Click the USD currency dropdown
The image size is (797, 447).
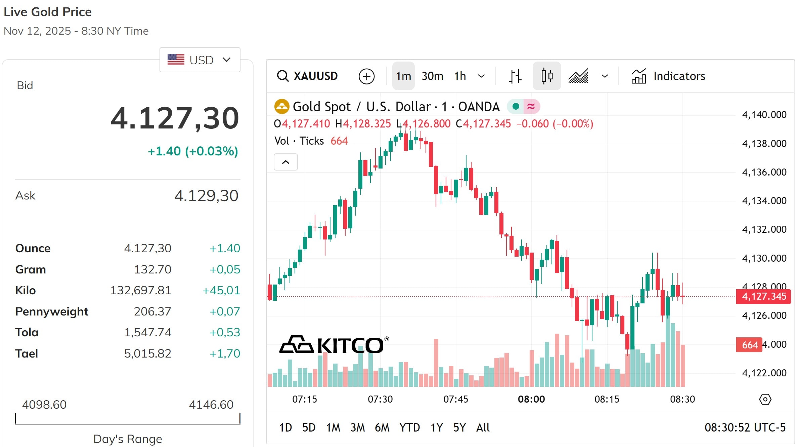pyautogui.click(x=200, y=60)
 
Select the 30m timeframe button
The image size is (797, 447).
pyautogui.click(x=432, y=76)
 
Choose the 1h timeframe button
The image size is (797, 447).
pyautogui.click(x=460, y=76)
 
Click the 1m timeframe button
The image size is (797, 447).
pyautogui.click(x=403, y=76)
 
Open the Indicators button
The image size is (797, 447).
pyautogui.click(x=668, y=76)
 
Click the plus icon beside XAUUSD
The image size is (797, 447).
pyautogui.click(x=366, y=76)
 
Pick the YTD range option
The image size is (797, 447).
pyautogui.click(x=409, y=427)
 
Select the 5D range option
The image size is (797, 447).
pyautogui.click(x=309, y=427)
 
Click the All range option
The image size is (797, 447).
pyautogui.click(x=483, y=427)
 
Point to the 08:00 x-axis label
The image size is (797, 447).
pyautogui.click(x=531, y=399)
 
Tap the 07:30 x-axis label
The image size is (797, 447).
pyautogui.click(x=380, y=399)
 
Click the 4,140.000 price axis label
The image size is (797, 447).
pyautogui.click(x=764, y=115)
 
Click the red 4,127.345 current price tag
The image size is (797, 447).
pyautogui.click(x=763, y=296)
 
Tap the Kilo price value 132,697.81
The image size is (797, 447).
pyautogui.click(x=141, y=290)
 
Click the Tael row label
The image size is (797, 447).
pyautogui.click(x=27, y=353)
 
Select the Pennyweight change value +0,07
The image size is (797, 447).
pyautogui.click(x=225, y=311)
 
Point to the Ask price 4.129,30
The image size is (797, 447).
pyautogui.click(x=206, y=195)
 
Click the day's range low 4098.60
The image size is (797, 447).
pyautogui.click(x=44, y=404)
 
